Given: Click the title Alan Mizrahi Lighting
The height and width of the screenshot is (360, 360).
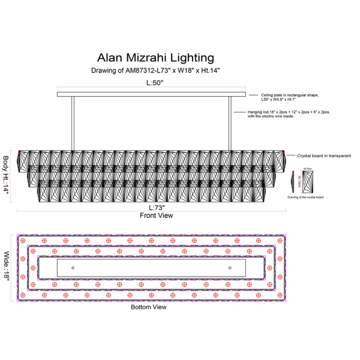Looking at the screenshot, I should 155,58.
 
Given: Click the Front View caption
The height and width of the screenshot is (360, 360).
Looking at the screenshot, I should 156,216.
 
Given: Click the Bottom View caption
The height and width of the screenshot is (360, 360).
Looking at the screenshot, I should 148,307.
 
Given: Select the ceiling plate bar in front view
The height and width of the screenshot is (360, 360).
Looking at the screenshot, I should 151,94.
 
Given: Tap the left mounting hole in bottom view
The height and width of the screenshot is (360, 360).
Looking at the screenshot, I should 72,268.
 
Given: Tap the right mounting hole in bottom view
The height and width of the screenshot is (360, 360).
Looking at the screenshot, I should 230,268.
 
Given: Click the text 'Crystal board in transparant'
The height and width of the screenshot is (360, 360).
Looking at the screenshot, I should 324,156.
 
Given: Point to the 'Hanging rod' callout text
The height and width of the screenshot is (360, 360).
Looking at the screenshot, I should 288,113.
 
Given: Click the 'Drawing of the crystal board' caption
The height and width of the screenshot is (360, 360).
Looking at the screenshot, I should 306,197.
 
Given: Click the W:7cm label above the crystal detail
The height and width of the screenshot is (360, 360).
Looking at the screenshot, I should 308,169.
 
